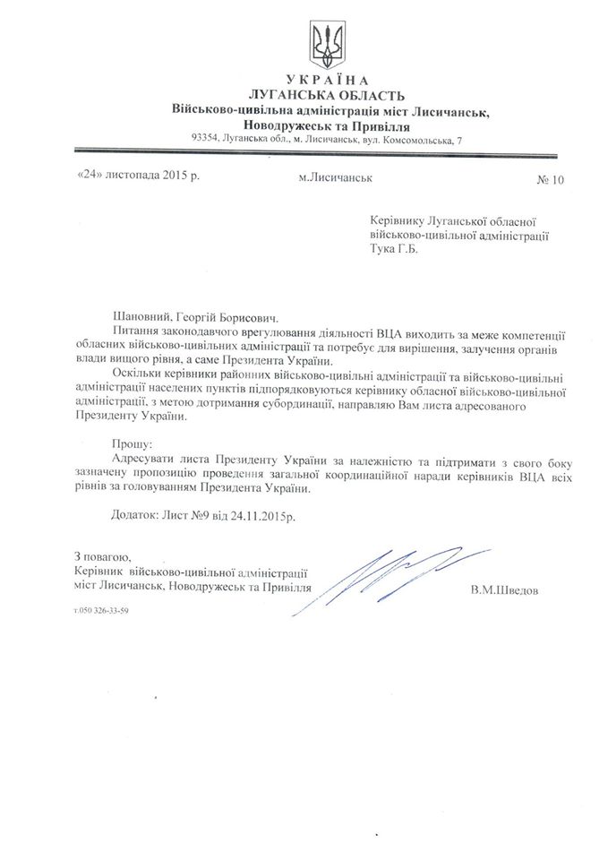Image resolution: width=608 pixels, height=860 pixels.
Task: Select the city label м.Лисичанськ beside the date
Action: [x=336, y=177]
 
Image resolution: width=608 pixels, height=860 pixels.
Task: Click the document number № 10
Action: [x=551, y=179]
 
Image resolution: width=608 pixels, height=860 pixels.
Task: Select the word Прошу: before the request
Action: [x=131, y=443]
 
